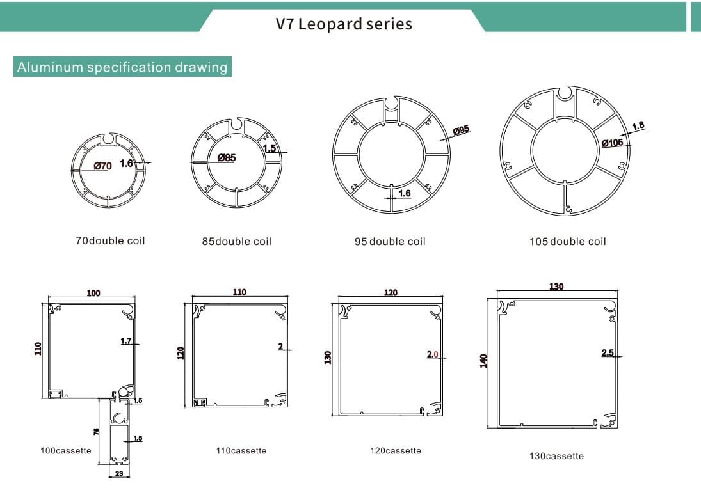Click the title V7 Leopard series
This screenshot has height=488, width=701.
(x=344, y=24)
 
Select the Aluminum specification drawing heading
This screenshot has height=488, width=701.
(x=122, y=67)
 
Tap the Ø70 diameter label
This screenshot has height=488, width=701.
(x=102, y=166)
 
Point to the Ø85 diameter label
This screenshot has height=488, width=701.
(x=227, y=157)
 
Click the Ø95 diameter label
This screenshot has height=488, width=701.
(x=461, y=130)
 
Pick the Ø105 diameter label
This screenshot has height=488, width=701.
(x=612, y=143)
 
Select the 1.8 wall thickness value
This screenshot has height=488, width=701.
(x=638, y=126)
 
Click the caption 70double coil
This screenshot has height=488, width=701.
(x=111, y=241)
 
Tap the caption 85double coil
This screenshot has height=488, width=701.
(x=237, y=242)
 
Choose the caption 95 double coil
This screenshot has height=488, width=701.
(x=390, y=242)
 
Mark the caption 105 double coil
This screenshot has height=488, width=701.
(x=568, y=242)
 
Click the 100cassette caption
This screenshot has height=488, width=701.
(x=66, y=451)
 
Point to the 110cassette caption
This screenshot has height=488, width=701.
(x=241, y=451)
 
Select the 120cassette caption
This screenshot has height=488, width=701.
(x=396, y=451)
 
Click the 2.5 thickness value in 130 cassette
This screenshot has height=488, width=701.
(x=608, y=352)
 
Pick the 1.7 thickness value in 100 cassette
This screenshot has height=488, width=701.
(x=126, y=341)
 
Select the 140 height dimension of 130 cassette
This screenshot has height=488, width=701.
(x=485, y=361)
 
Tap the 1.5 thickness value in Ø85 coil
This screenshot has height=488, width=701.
(x=270, y=148)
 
